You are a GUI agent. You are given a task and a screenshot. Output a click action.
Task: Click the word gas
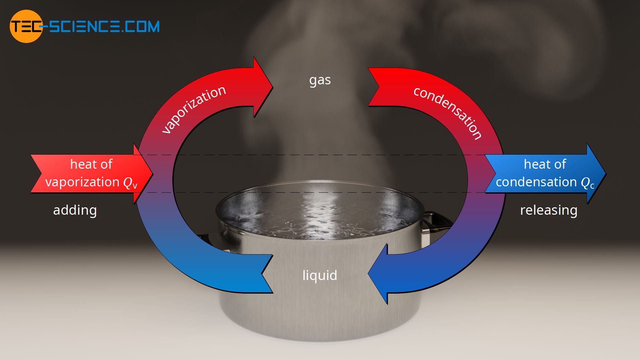pos(320,80)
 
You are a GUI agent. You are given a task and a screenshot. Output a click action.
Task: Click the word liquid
pos(320,275)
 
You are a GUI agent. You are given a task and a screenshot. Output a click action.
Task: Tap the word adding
pos(75,210)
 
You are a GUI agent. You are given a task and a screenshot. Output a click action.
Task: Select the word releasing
pos(549,210)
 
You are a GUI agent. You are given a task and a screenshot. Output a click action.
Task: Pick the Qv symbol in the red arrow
pos(130,183)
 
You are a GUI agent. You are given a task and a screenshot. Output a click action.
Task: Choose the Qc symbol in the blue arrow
pos(587,183)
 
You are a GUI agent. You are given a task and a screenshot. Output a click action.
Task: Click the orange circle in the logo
pos(26,26)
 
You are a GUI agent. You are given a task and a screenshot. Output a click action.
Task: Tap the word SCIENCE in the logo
pos(85,26)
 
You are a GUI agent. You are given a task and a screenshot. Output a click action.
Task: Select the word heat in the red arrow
pos(82,164)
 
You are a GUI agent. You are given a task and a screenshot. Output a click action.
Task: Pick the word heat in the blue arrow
pos(535,164)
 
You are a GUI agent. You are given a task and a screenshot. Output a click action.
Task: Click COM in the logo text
pos(145,26)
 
